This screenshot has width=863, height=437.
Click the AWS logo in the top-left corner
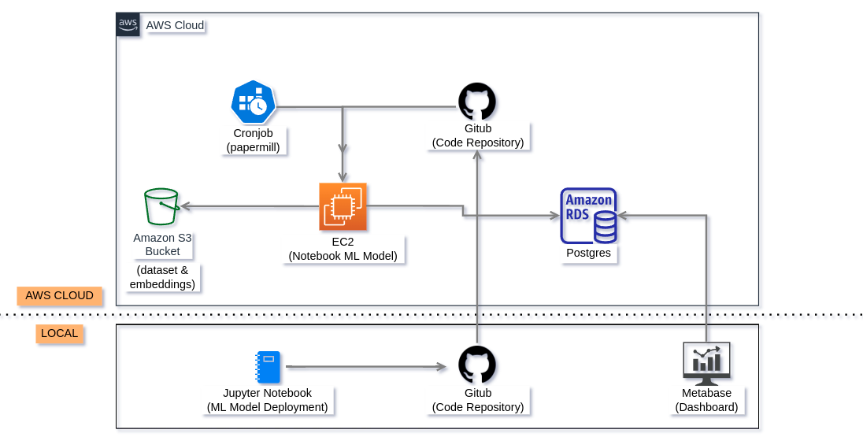[128, 24]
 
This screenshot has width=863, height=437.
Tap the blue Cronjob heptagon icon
[253, 102]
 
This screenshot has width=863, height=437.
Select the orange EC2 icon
[343, 206]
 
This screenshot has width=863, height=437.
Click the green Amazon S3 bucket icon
[161, 207]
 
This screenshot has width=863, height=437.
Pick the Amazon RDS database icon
[588, 216]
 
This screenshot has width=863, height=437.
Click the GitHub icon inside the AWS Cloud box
[477, 102]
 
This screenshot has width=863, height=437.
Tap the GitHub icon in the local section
[477, 365]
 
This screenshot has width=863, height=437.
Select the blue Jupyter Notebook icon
[268, 367]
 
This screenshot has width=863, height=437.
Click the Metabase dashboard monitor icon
[706, 363]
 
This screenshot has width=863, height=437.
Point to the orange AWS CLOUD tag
[60, 296]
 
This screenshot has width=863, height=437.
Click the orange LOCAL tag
[60, 333]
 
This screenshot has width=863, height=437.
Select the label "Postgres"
[588, 254]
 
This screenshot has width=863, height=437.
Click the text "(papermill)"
[253, 147]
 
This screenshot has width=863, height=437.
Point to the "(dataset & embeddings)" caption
[162, 277]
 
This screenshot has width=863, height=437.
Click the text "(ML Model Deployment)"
[267, 407]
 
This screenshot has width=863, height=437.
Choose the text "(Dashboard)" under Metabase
[706, 407]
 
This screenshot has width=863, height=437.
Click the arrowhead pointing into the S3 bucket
[187, 206]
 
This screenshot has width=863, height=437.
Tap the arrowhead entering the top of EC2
[343, 176]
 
